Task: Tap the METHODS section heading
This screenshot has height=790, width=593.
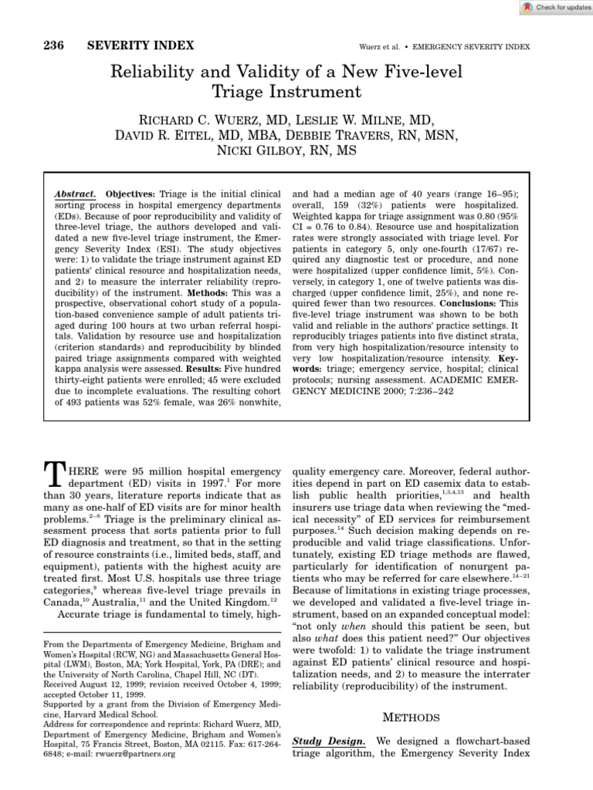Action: pyautogui.click(x=415, y=718)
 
